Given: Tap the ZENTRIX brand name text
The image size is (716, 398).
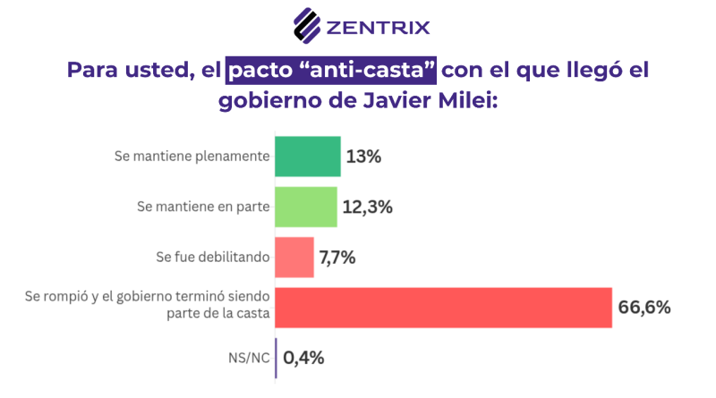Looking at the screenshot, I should point(378,25).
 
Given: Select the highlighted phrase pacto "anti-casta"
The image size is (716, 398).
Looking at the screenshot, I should point(330,70).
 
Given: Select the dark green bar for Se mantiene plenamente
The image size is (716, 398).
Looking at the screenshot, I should point(307,157).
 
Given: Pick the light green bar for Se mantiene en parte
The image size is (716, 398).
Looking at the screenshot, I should point(305,207).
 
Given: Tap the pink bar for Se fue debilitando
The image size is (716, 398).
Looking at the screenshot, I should point(294,258).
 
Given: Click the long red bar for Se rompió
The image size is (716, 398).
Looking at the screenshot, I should point(442,308).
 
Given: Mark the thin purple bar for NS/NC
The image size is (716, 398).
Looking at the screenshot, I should point(277,358).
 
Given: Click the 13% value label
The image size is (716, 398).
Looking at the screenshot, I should point(364,157).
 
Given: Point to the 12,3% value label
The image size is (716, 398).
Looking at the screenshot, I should point(368,207).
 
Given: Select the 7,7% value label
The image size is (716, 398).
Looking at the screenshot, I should point(337,258).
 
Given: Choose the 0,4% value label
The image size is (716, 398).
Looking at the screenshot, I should point(303,359).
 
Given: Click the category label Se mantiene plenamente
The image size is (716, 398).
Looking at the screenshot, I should point(192,157).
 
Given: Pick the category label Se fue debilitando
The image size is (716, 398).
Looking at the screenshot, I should point(213,258).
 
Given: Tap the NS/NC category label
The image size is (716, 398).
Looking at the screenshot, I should point(248,358).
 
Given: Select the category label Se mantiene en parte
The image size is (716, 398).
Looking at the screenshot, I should point(203,207).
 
